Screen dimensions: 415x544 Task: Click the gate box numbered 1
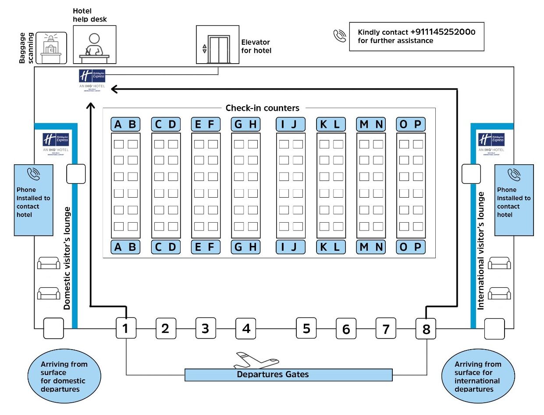(x=126, y=328)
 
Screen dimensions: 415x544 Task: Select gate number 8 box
(x=426, y=328)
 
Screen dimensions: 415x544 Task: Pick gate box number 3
(x=205, y=328)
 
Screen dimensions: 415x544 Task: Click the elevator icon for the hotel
(x=218, y=44)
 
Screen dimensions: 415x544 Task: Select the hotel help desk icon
(x=94, y=44)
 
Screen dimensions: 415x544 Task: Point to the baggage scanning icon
(x=51, y=48)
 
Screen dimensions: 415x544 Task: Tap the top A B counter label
(x=125, y=125)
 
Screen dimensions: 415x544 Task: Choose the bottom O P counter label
(x=411, y=247)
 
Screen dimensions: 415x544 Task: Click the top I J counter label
(x=290, y=125)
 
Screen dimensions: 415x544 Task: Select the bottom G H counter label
(x=245, y=247)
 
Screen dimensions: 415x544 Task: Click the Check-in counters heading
(x=262, y=108)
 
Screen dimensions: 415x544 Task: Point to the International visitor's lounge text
(x=481, y=251)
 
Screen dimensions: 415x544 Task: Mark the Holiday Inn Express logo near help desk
(x=92, y=78)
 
